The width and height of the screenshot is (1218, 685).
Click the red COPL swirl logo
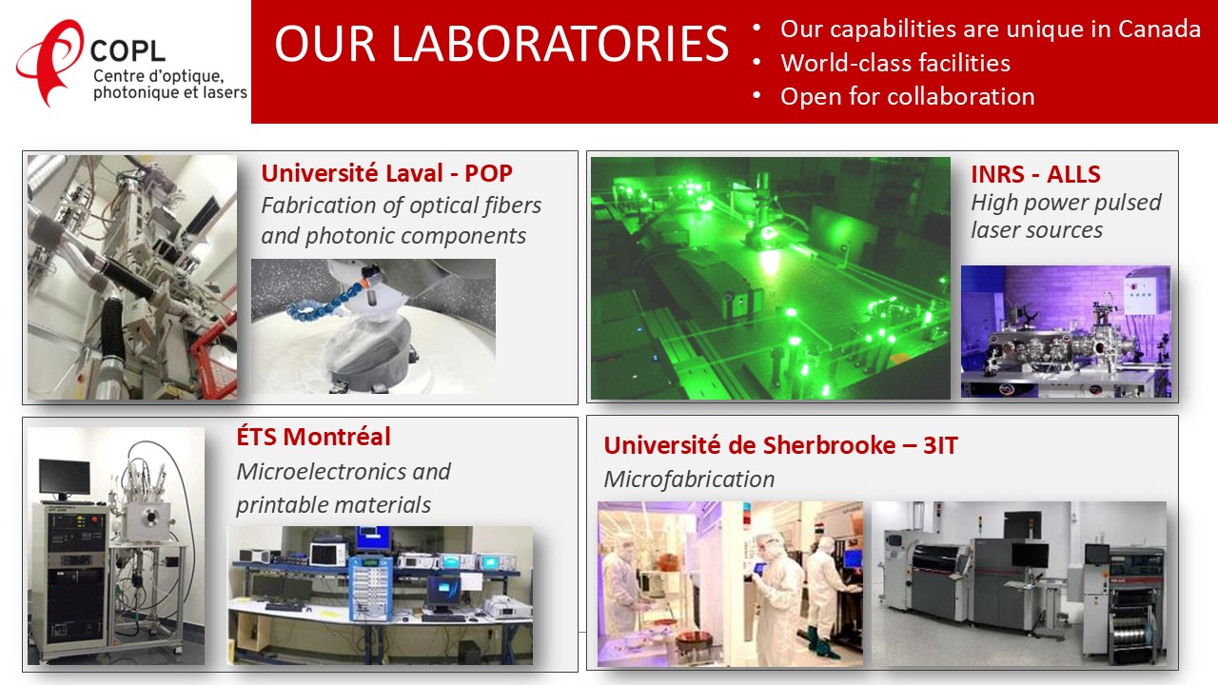click(x=48, y=61)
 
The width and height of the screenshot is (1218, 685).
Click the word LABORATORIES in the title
click(x=560, y=44)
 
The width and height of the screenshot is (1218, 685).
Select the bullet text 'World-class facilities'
click(x=895, y=63)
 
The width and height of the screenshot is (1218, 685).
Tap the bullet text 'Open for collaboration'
click(x=908, y=97)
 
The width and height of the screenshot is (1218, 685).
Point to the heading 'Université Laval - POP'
click(x=386, y=173)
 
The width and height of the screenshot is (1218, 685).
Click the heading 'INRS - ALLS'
click(x=1036, y=174)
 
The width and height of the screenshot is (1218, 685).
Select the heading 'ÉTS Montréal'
click(x=313, y=437)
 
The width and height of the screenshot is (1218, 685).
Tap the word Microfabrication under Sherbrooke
click(x=689, y=479)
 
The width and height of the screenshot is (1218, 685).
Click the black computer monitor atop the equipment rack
click(x=64, y=477)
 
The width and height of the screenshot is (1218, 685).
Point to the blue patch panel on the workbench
click(x=370, y=587)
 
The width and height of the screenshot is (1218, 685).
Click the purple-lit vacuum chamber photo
click(x=1066, y=331)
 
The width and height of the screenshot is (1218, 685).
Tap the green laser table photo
click(x=771, y=279)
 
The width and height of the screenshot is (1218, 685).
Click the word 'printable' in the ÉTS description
click(x=281, y=505)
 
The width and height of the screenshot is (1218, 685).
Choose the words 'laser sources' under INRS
click(x=1037, y=230)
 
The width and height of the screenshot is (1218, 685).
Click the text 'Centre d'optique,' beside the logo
click(x=158, y=76)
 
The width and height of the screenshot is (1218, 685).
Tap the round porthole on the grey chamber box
click(x=149, y=518)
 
